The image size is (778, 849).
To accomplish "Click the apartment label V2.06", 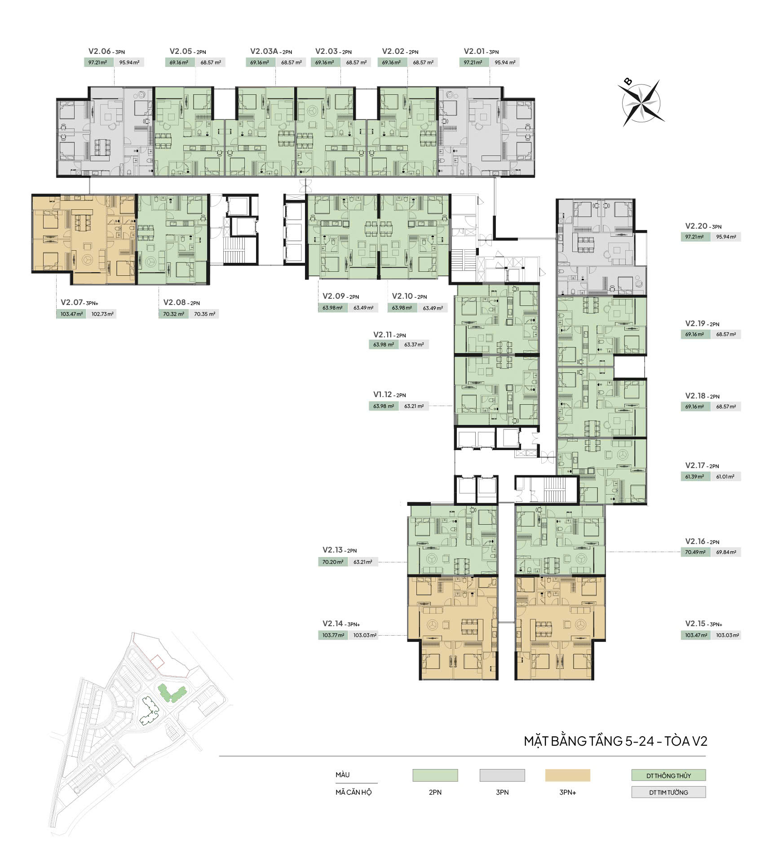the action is [x=99, y=52].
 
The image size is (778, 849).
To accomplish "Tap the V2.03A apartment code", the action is [x=265, y=52].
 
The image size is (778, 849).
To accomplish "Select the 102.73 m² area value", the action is [x=102, y=314].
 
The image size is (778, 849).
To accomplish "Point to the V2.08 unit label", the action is [x=175, y=303].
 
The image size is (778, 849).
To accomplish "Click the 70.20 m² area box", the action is [x=333, y=562].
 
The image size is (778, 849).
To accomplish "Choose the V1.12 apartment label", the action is [x=383, y=394].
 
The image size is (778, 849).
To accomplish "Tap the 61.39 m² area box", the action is [x=695, y=477].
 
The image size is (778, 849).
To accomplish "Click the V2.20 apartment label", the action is [x=696, y=226].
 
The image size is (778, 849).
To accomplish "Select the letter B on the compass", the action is [x=628, y=81].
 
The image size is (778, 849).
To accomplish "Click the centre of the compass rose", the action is [x=641, y=103].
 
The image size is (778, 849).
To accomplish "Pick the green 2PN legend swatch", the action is [x=435, y=775].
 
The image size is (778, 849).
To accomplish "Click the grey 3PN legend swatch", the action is [x=502, y=775].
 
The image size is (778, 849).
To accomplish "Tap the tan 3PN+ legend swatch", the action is [x=567, y=775].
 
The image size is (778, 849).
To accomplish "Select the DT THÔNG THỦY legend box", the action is [x=668, y=776].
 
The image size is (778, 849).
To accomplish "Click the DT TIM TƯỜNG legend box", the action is [x=668, y=792].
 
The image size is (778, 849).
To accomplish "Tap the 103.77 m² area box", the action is [x=333, y=635].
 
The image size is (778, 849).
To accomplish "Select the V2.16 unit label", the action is [x=696, y=542].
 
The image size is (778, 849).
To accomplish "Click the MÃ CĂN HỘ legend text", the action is [x=354, y=792].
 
